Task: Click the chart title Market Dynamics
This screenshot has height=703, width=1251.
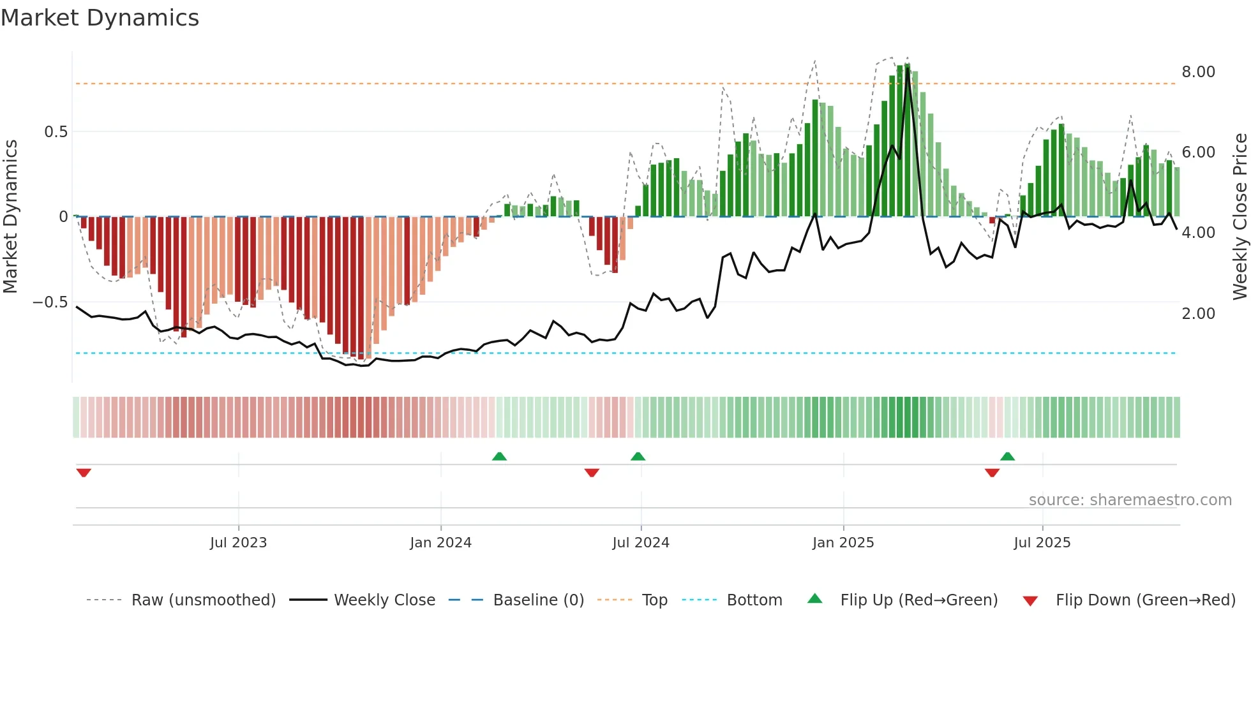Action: (x=100, y=18)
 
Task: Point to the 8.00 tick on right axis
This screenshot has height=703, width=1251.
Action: (x=1198, y=72)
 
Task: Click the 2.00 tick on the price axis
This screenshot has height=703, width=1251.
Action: (x=1198, y=314)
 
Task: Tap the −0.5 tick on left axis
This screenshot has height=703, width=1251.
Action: (x=50, y=302)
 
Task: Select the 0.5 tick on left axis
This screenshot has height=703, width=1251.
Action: (x=56, y=132)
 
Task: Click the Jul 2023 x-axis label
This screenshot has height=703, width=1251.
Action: (x=238, y=543)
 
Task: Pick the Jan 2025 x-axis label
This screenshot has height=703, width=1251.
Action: (x=843, y=543)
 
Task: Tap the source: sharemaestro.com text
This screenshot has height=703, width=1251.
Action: (x=1130, y=500)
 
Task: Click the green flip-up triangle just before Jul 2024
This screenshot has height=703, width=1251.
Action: (x=638, y=456)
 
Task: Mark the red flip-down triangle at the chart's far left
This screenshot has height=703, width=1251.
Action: (x=84, y=473)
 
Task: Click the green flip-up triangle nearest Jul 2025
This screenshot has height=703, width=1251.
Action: (x=1007, y=456)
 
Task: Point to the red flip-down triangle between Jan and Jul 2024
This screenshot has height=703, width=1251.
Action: (x=592, y=473)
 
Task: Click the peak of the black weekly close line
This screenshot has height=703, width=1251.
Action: (x=907, y=68)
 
